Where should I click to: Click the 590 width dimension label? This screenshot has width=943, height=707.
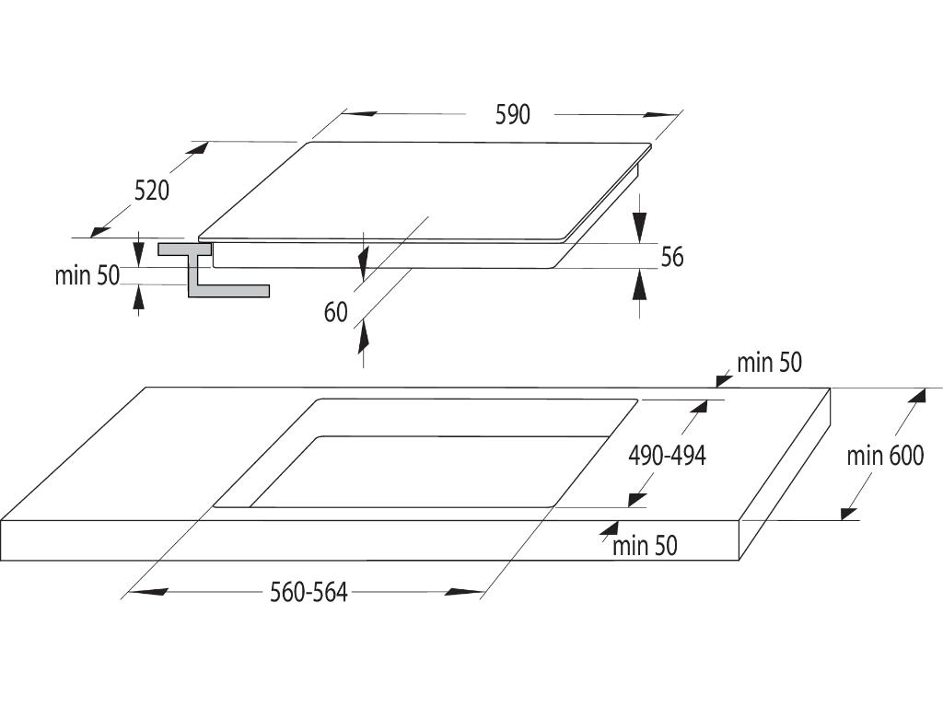(513, 115)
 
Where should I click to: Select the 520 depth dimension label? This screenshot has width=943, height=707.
(152, 191)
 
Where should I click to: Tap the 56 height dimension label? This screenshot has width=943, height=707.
(672, 257)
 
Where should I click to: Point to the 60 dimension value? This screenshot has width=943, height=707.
(336, 313)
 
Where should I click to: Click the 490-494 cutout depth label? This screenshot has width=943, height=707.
(667, 455)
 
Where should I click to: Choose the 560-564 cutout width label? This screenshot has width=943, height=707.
(309, 593)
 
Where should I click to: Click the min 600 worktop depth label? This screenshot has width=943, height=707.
(885, 455)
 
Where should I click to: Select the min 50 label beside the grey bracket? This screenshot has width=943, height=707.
(87, 275)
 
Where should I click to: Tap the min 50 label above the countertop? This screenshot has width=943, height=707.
(769, 363)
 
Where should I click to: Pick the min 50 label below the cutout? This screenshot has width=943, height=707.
(645, 546)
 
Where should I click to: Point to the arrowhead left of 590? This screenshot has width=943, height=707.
(361, 114)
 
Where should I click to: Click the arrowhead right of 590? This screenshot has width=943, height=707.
(661, 115)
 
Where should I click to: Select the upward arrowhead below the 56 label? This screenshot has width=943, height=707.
(640, 285)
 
